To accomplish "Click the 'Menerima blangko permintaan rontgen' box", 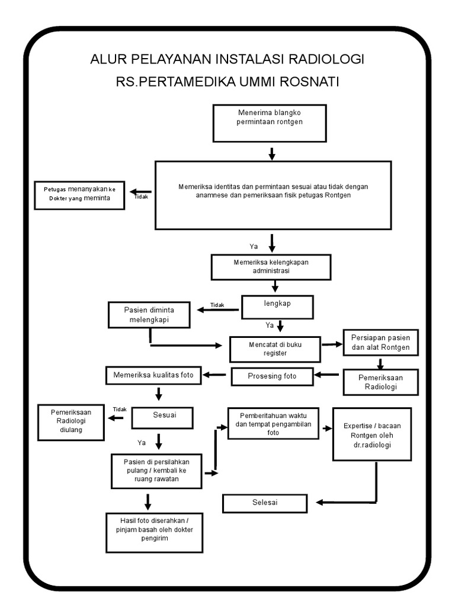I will [270, 123].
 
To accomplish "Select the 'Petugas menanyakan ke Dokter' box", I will [79, 194].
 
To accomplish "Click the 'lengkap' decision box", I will [277, 307].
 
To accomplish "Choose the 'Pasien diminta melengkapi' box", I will [149, 315].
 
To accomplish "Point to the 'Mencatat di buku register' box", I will [275, 349].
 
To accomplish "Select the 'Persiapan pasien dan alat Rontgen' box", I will [380, 343].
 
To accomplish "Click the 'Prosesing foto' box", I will [272, 376].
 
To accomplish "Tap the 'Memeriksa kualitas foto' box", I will [154, 375].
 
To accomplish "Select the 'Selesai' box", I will [265, 503].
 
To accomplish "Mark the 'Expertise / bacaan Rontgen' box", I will [371, 434].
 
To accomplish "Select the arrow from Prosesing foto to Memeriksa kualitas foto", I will [216, 375].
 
